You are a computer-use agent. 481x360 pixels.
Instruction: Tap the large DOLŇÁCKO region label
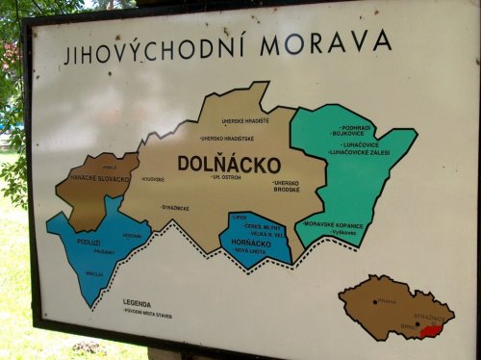229,164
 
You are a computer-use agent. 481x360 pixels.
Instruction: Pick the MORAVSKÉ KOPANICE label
336,223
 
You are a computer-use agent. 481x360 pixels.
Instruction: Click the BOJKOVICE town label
346,133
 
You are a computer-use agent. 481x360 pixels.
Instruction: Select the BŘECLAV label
94,272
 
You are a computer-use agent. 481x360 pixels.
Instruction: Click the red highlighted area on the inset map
435,329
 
